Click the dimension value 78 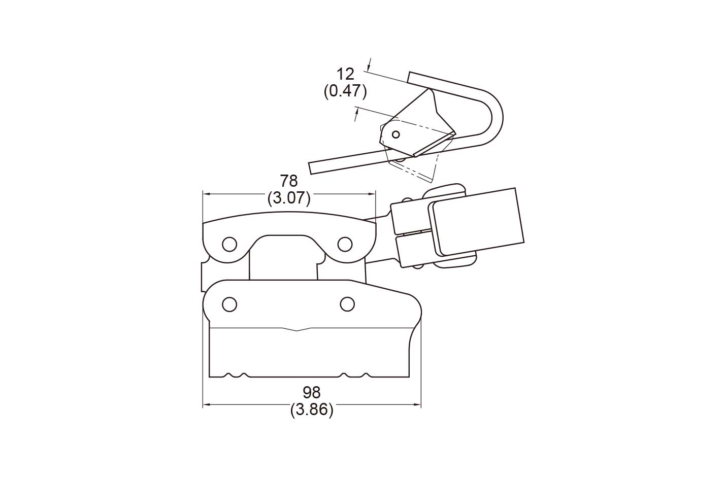(x=289, y=181)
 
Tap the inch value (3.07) (x=289, y=198)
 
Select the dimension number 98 (x=311, y=393)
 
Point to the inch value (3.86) (x=312, y=410)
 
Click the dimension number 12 (x=346, y=74)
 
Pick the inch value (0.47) (x=346, y=91)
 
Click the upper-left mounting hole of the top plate (x=229, y=244)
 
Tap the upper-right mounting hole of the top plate (x=345, y=244)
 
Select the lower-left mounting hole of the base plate (x=229, y=304)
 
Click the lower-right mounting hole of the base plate (x=347, y=304)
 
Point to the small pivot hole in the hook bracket (x=396, y=134)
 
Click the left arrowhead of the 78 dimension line (x=207, y=194)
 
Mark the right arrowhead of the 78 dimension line (x=371, y=194)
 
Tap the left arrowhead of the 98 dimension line (x=207, y=404)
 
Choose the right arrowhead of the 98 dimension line (x=416, y=404)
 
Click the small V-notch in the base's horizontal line (x=297, y=330)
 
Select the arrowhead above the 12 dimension (x=369, y=66)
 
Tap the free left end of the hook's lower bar (x=311, y=168)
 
